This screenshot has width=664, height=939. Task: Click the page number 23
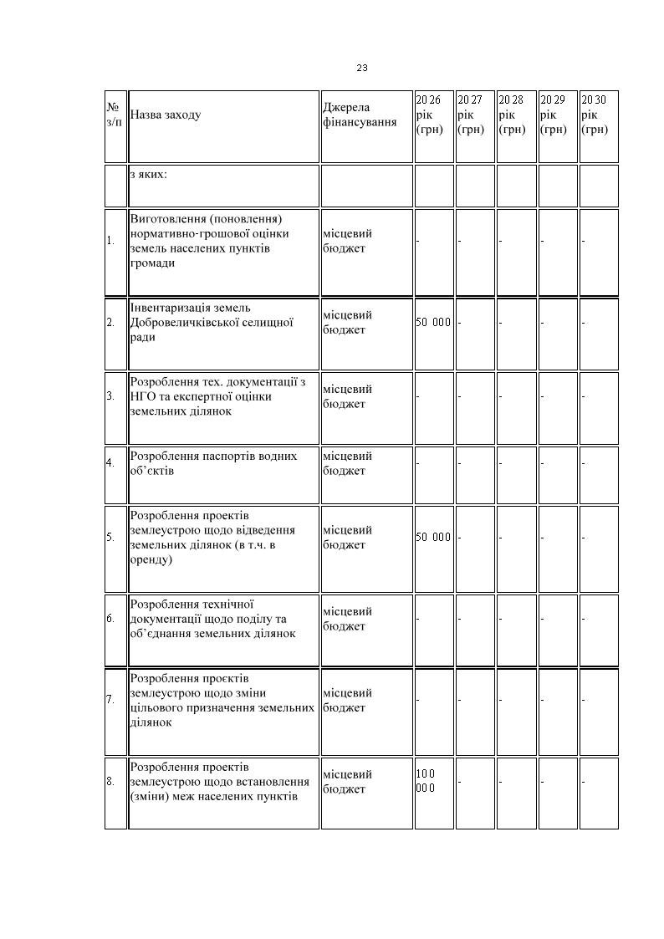click(362, 68)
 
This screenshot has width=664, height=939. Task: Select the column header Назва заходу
click(166, 115)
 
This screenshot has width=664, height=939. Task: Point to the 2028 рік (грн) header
click(511, 115)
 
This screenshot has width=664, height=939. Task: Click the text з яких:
click(148, 175)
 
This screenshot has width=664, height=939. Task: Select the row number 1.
click(110, 241)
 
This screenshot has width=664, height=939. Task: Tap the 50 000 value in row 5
click(433, 538)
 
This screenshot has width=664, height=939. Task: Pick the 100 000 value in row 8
click(426, 781)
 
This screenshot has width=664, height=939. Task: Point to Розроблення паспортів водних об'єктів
click(213, 463)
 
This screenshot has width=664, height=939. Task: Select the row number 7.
click(110, 700)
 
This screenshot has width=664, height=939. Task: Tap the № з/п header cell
click(114, 115)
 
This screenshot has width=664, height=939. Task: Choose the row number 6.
click(110, 619)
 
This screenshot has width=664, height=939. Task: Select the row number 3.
click(110, 396)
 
